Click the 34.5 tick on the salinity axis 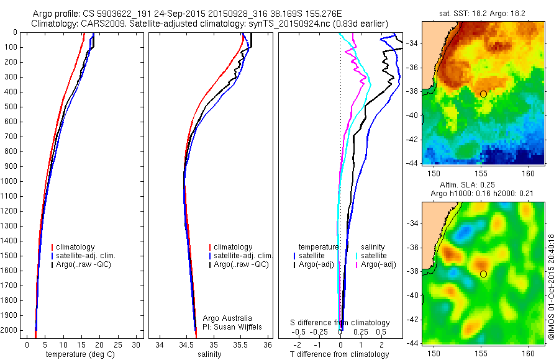tap(186, 344)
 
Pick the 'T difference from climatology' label tap(339, 354)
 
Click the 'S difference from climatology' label tap(340, 323)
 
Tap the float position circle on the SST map tap(483, 94)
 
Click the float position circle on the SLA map tap(483, 274)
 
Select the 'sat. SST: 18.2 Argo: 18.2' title tap(483, 12)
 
